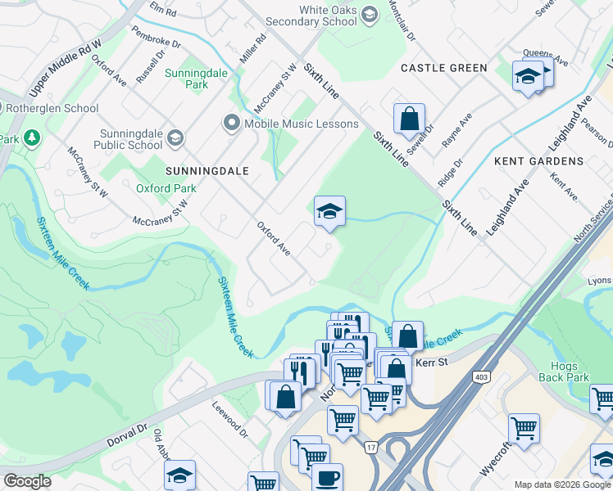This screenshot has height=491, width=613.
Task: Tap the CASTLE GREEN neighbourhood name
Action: (443, 68)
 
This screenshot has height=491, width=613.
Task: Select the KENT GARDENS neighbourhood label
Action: (538, 162)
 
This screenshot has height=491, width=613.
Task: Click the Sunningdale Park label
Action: (186, 79)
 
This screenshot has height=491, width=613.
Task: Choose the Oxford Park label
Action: (166, 188)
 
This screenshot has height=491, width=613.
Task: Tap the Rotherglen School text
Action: (52, 108)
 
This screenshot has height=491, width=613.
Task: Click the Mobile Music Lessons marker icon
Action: (231, 124)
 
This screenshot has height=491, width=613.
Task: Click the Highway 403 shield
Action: (479, 376)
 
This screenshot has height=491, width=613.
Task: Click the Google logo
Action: (27, 481)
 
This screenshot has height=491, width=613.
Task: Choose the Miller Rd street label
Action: (253, 51)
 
